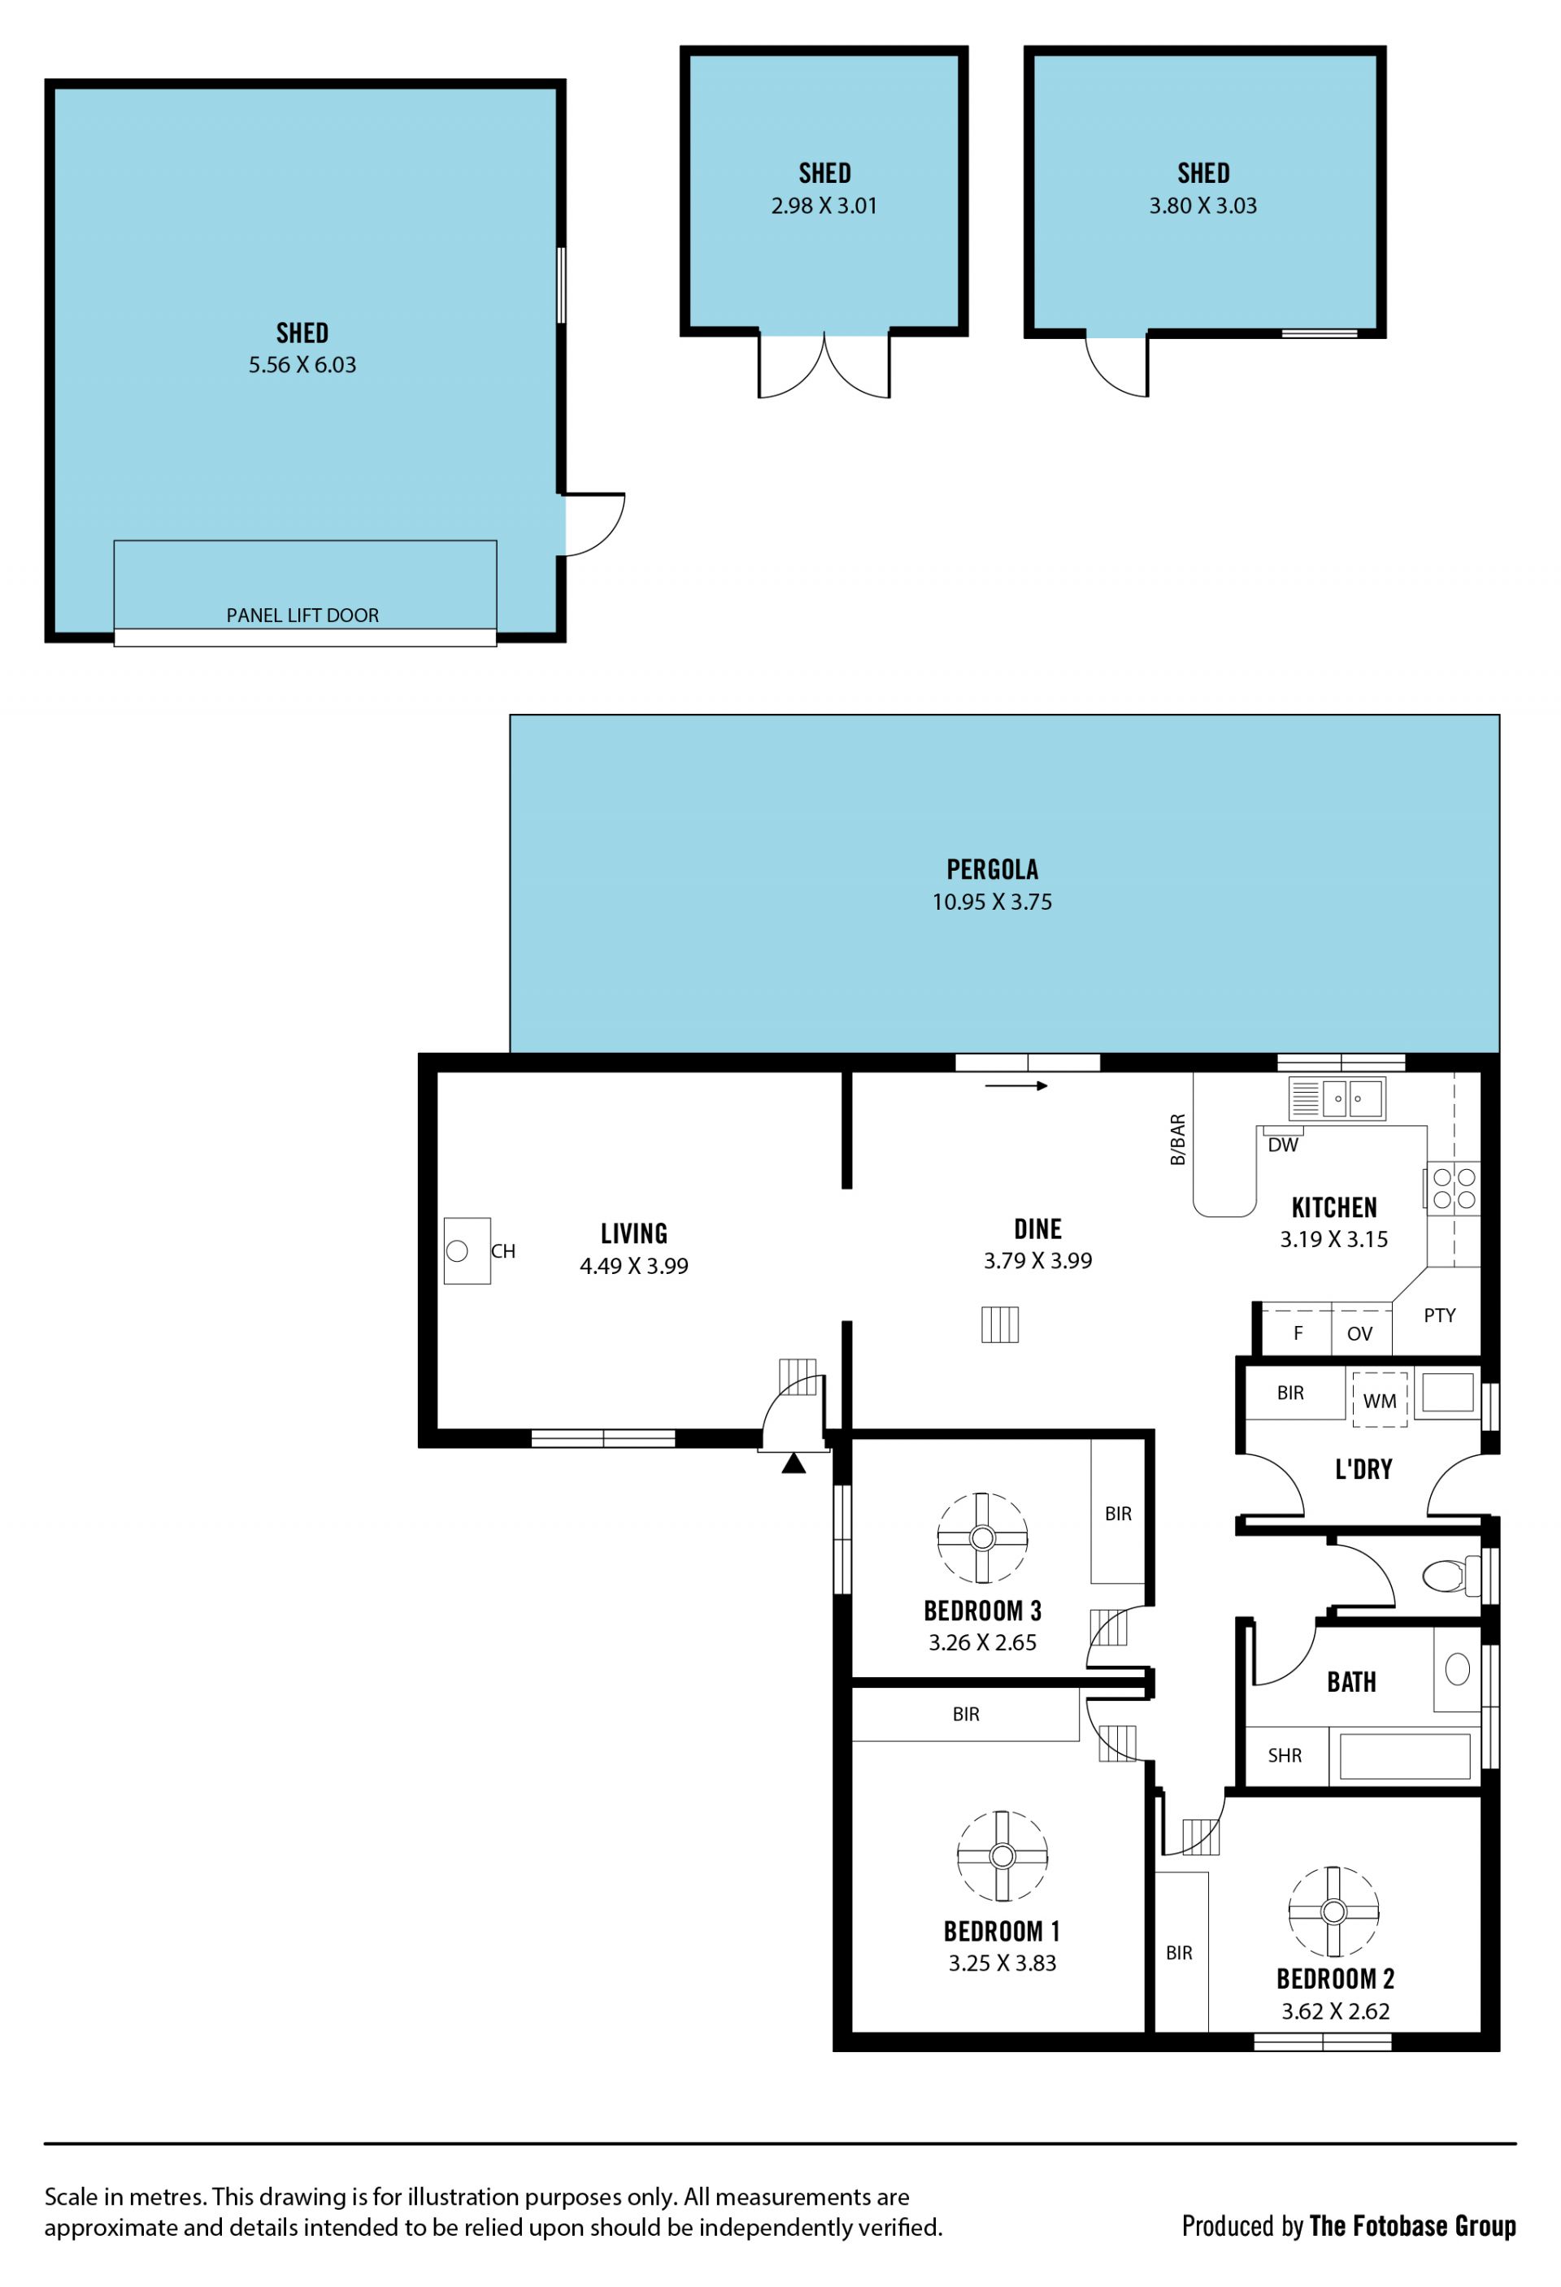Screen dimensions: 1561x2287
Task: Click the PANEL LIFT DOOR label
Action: point(302,615)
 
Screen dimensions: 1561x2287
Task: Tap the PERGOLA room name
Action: point(992,869)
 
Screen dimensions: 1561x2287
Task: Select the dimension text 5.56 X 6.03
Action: point(302,365)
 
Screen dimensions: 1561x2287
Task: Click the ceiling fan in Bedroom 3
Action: point(982,1538)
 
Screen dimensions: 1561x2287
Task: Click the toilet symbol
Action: point(1450,1576)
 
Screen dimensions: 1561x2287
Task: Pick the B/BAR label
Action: point(1177,1140)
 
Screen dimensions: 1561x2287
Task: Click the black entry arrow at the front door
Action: point(794,1463)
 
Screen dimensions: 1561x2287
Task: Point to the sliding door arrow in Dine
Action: point(1015,1086)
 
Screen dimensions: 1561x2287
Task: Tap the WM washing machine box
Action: point(1380,1399)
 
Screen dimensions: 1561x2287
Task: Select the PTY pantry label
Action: point(1439,1315)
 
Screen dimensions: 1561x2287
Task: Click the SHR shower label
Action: point(1285,1754)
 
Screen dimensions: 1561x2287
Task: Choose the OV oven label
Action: point(1359,1333)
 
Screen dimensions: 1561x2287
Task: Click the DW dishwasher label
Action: point(1282,1145)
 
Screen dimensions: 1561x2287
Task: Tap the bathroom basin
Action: point(1458,1669)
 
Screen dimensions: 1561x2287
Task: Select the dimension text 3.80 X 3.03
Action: point(1202,206)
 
